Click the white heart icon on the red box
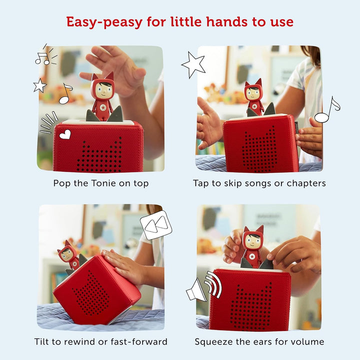pos(64,134)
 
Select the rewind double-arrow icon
pos(155,225)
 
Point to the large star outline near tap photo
pos(193,64)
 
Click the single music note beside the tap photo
pos(327,109)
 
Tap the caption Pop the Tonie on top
pos(100,183)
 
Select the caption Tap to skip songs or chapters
pos(259,183)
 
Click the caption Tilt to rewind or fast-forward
pos(100,342)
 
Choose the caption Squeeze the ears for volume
pos(259,342)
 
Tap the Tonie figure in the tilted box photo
pos(69,255)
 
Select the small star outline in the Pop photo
pos(40,85)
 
